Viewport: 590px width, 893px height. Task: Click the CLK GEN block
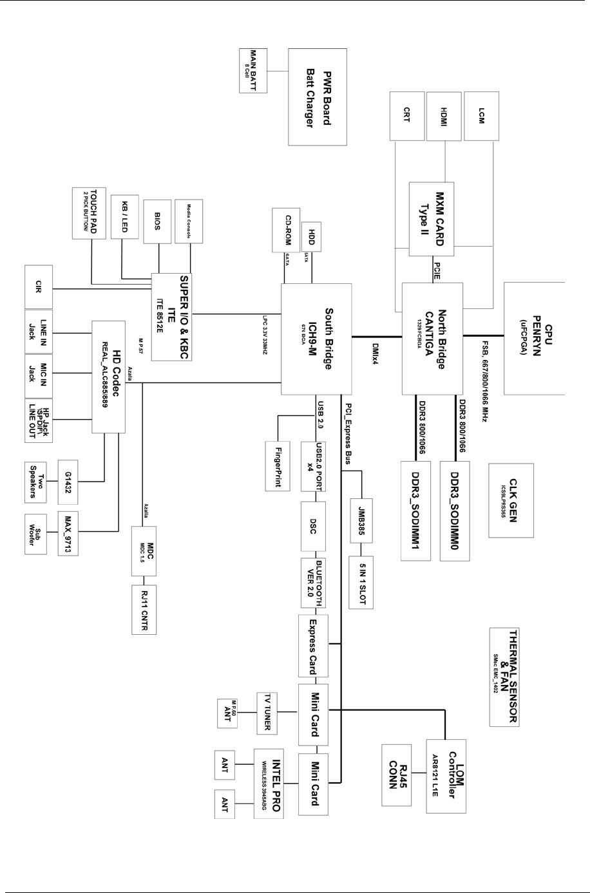click(511, 500)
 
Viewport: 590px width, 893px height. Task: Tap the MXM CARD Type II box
click(431, 219)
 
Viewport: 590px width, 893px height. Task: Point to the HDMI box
click(444, 116)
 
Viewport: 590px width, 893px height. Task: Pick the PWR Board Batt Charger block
click(318, 97)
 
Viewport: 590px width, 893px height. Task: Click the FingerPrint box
click(278, 465)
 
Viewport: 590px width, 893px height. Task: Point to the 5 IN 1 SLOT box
click(361, 581)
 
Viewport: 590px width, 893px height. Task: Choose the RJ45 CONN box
click(401, 775)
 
